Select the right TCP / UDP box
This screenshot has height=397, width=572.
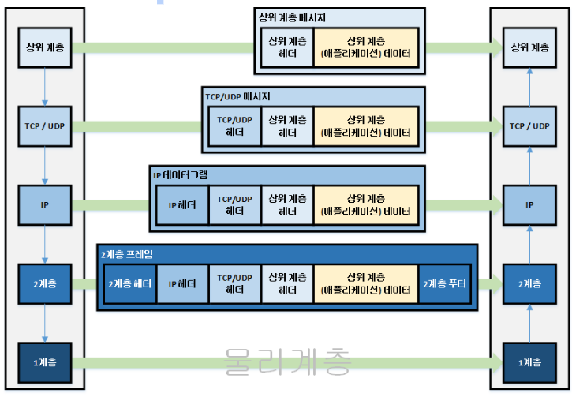tap(529, 125)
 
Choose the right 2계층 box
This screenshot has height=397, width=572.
tap(529, 283)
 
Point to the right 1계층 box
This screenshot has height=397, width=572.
tap(529, 361)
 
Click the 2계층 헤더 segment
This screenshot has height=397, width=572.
tap(130, 284)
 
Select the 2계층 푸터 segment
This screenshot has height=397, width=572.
tap(444, 284)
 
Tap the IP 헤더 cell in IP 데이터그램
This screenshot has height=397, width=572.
tap(182, 205)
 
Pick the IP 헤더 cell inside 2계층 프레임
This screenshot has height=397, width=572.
tap(182, 284)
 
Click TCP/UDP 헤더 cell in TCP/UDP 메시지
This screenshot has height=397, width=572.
tap(234, 126)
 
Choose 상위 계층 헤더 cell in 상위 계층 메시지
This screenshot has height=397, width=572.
tap(286, 47)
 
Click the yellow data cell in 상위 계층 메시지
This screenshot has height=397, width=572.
tap(365, 47)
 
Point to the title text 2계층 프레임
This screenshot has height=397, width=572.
tap(127, 254)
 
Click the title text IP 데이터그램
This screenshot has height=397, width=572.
tap(181, 175)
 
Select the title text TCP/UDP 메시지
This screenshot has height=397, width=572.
tap(237, 96)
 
